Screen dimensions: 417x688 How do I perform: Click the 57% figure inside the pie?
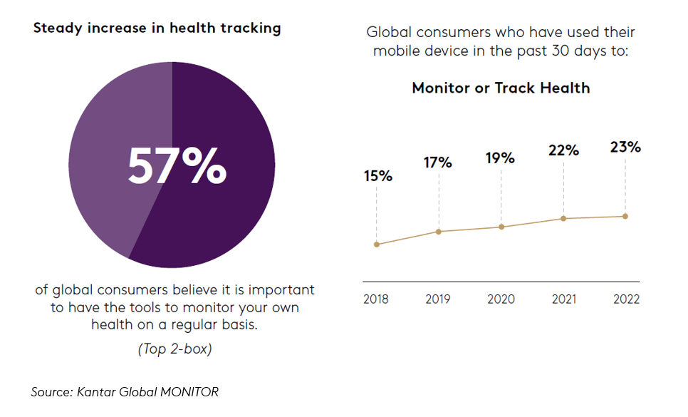coord(177,166)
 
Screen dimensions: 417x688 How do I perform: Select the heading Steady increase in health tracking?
coord(157,29)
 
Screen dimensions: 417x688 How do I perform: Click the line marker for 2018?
coord(376,244)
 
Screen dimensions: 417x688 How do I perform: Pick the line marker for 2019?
coord(439,232)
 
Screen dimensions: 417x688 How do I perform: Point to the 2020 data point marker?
coord(501,227)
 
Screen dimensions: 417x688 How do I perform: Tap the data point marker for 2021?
coord(563,218)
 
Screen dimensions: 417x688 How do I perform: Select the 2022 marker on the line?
coord(625,216)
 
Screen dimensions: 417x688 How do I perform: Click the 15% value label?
coord(377,176)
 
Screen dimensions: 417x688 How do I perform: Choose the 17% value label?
coord(438,163)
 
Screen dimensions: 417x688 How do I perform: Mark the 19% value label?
coord(500,158)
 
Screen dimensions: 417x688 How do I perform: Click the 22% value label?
coord(563,150)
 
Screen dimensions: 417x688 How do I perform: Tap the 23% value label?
coord(625,148)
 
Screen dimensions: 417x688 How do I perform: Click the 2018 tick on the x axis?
coord(376,299)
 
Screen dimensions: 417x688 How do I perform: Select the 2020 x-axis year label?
coord(501,299)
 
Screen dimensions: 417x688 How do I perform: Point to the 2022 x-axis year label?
coord(626,299)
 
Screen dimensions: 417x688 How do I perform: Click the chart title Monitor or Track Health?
coord(501,88)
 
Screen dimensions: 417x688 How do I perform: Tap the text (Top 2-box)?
coord(174,349)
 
